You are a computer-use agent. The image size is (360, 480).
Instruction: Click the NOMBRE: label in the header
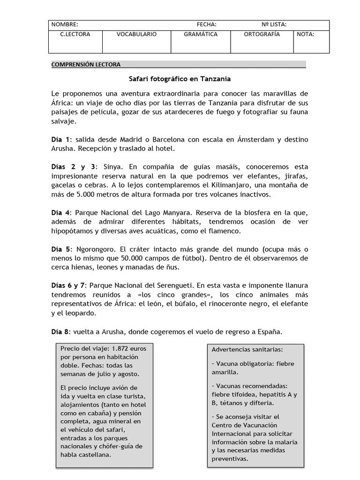(65, 24)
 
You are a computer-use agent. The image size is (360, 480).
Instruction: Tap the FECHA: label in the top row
(206, 24)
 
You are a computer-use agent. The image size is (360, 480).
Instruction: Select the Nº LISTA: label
(274, 24)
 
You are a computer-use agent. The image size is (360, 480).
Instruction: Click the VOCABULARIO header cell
(136, 34)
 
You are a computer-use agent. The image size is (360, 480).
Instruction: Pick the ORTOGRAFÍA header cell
(262, 34)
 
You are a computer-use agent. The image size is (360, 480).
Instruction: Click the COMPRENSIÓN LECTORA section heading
(86, 64)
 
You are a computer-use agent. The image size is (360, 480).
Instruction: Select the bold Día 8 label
(60, 331)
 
